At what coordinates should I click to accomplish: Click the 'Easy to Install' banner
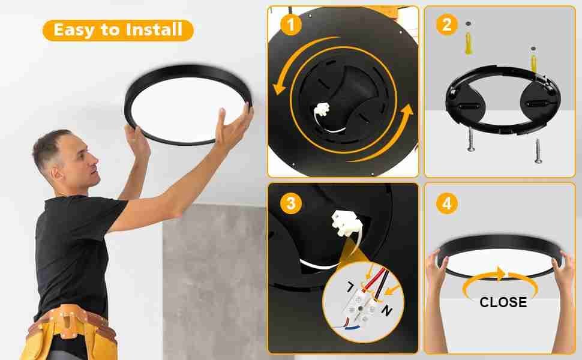tap(118, 30)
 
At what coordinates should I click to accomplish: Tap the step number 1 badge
tap(290, 25)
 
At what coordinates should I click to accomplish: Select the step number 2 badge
tap(446, 25)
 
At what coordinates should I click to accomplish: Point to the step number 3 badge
tap(290, 203)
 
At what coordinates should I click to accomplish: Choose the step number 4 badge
tap(446, 203)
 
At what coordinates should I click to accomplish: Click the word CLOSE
tap(503, 302)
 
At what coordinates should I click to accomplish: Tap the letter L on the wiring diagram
tap(350, 287)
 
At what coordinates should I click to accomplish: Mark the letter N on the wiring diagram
tap(387, 310)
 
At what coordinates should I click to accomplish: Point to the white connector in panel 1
tap(322, 109)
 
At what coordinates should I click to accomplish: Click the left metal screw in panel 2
tap(470, 139)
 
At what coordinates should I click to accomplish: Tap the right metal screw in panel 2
tap(538, 151)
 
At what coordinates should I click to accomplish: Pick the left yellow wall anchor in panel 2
tap(469, 44)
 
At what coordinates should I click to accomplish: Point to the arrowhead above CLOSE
tap(500, 274)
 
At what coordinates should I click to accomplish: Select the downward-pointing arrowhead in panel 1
tap(279, 89)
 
